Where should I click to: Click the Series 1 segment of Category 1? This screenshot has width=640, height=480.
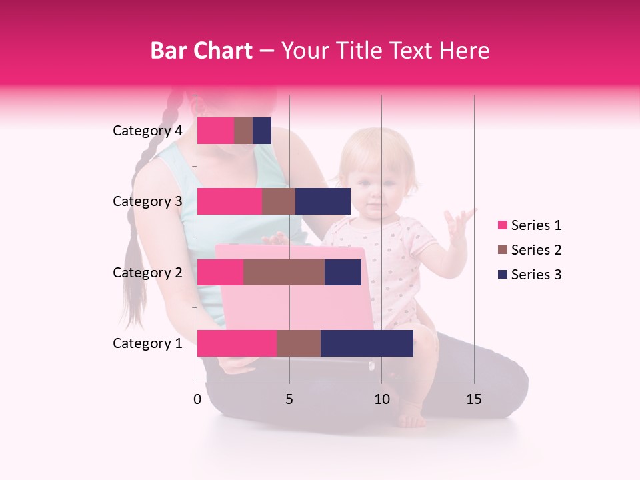pyautogui.click(x=237, y=343)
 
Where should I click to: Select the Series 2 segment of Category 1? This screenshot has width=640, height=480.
pyautogui.click(x=298, y=343)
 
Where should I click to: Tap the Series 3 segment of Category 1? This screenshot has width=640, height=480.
pyautogui.click(x=367, y=343)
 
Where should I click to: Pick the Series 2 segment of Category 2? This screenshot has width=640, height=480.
pyautogui.click(x=283, y=272)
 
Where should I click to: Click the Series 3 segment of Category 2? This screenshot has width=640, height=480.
pyautogui.click(x=343, y=272)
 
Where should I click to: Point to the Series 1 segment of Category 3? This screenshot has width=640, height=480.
pyautogui.click(x=229, y=201)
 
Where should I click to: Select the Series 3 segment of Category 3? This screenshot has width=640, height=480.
pyautogui.click(x=323, y=201)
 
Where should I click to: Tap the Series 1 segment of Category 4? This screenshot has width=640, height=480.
pyautogui.click(x=215, y=131)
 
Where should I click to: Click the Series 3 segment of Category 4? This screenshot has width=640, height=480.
pyautogui.click(x=262, y=131)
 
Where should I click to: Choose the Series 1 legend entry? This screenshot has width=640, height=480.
pyautogui.click(x=530, y=225)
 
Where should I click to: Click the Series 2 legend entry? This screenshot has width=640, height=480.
pyautogui.click(x=530, y=250)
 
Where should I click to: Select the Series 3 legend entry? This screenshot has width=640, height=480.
pyautogui.click(x=530, y=275)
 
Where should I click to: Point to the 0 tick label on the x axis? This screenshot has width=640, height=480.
pyautogui.click(x=197, y=400)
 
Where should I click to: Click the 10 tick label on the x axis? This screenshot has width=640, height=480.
pyautogui.click(x=381, y=400)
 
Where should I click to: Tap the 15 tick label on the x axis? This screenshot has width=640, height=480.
pyautogui.click(x=474, y=400)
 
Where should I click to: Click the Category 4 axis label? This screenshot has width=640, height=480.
pyautogui.click(x=147, y=131)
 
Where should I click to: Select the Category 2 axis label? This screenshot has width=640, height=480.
pyautogui.click(x=147, y=272)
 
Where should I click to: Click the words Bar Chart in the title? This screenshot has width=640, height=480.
pyautogui.click(x=201, y=50)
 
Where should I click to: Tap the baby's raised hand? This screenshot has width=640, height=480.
pyautogui.click(x=459, y=224)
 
